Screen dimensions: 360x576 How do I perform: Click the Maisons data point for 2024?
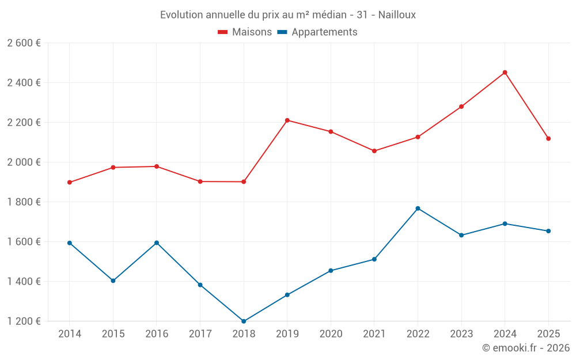pyautogui.click(x=505, y=73)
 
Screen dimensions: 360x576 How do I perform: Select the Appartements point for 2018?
pyautogui.click(x=244, y=321)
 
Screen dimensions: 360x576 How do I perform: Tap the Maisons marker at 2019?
pyautogui.click(x=287, y=120)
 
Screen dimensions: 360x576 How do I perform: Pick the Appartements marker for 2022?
pyautogui.click(x=418, y=209)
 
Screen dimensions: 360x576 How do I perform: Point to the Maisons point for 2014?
pyautogui.click(x=70, y=183)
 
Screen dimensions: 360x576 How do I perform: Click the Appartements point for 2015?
pyautogui.click(x=113, y=281)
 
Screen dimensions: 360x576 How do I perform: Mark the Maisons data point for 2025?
pyautogui.click(x=548, y=139)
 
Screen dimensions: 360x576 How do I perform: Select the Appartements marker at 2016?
pyautogui.click(x=157, y=243)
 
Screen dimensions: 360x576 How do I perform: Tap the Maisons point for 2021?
pyautogui.click(x=374, y=151)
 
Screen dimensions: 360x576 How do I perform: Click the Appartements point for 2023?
pyautogui.click(x=461, y=235)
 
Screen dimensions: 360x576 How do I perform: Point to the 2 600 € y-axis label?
pyautogui.click(x=24, y=43)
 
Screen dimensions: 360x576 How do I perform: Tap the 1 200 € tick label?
pyautogui.click(x=24, y=321)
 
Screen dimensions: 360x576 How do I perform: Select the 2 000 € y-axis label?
pyautogui.click(x=24, y=162)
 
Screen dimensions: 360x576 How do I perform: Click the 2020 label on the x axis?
pyautogui.click(x=331, y=334)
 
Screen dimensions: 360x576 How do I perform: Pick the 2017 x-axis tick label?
pyautogui.click(x=200, y=334)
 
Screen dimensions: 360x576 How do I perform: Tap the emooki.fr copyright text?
pyautogui.click(x=526, y=348)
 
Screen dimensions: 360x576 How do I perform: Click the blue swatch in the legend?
pyautogui.click(x=282, y=32)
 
